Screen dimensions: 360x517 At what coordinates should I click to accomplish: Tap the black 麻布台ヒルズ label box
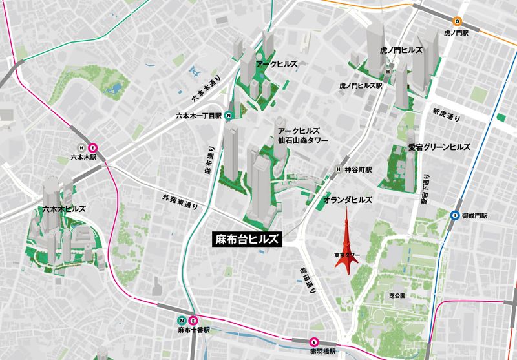click(x=248, y=238)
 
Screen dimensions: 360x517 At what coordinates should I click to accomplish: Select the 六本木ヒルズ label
click(x=63, y=209)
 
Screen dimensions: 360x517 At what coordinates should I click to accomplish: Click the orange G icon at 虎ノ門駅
click(x=458, y=20)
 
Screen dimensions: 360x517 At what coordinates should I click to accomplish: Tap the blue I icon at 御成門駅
click(x=456, y=215)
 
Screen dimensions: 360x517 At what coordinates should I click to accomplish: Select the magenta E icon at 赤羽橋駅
click(x=314, y=342)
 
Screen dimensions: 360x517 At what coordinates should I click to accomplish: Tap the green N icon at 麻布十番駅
click(x=183, y=320)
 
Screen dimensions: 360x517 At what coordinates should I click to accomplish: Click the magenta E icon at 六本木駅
click(x=92, y=146)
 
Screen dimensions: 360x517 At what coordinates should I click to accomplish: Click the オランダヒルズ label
click(x=348, y=200)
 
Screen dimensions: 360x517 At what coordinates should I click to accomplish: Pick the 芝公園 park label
click(x=397, y=295)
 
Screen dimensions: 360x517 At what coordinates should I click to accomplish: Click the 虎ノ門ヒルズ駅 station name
click(x=361, y=85)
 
